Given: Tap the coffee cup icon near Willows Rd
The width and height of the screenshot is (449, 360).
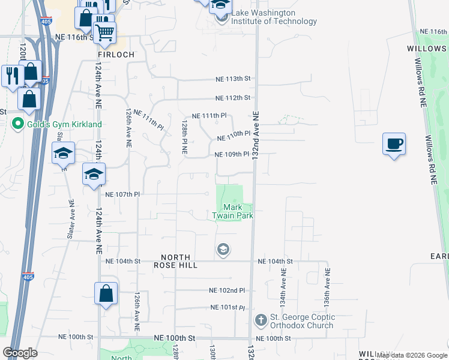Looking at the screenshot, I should pos(394,144).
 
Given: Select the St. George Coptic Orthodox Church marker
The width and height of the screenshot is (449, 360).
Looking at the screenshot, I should pos(261,320).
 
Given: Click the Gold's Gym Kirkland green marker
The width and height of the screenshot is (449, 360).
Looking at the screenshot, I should pos(19,124).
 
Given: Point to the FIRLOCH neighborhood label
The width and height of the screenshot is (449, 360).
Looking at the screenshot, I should pos(116,54).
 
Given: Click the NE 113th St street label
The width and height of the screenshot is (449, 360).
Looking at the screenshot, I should pos(233,79).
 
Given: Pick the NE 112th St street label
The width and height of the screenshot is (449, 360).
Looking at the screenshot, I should pos(233,98).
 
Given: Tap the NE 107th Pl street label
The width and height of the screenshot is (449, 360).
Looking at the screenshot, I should pos(122,194).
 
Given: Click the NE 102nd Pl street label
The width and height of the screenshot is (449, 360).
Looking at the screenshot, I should pos(228,290).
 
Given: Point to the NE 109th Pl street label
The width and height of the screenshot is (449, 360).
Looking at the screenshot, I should pos(232,154).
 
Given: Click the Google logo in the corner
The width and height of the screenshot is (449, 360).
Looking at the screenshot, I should pos(20,353).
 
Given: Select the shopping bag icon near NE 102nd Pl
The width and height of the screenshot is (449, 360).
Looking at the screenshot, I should pos(106,294).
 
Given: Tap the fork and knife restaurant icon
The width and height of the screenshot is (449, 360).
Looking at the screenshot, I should pos(11,75).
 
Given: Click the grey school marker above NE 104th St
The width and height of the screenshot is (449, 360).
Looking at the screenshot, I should pos(223,250).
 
